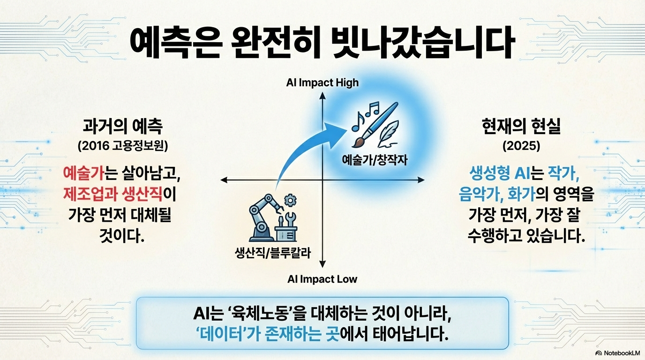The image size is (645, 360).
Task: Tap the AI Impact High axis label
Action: click(x=322, y=83)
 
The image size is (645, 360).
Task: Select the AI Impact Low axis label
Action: click(x=322, y=279)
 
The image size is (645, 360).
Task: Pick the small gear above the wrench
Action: click(x=290, y=201)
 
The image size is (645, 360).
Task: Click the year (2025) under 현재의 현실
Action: click(x=521, y=146)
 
